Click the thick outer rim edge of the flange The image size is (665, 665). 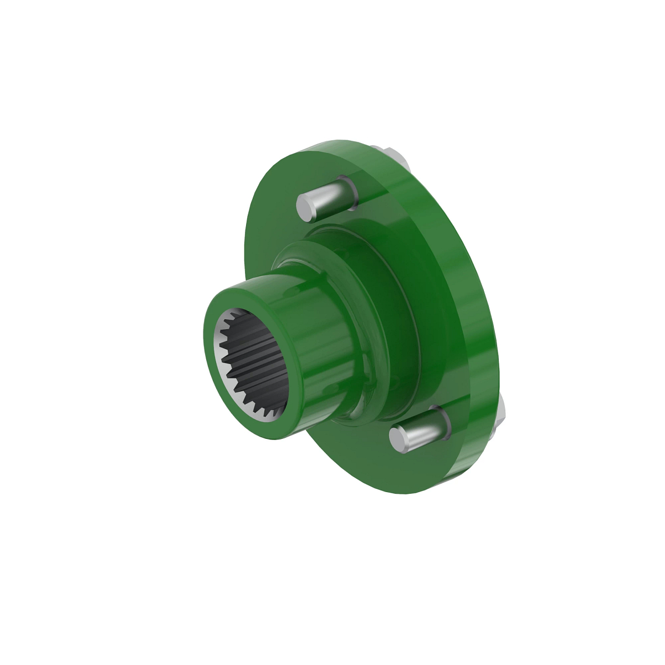[477, 277]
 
